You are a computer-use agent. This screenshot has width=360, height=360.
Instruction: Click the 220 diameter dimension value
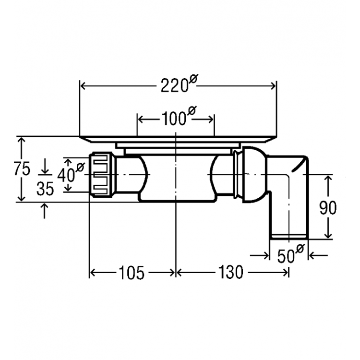tap(173, 86)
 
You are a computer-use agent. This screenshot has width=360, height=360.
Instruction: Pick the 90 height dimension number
tap(328, 207)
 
